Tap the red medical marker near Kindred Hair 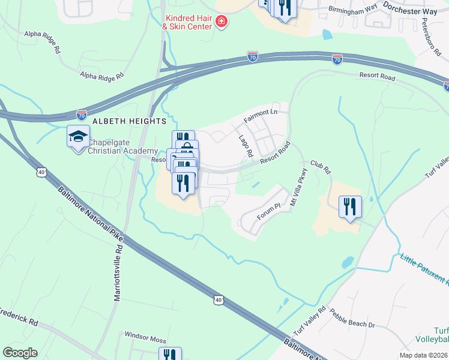click(221, 22)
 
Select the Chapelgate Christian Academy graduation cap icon click(78, 136)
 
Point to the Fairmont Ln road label click(262, 116)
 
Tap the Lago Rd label click(246, 146)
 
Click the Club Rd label click(321, 167)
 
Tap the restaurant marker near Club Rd click(349, 207)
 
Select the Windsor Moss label click(145, 338)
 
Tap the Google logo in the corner click(20, 353)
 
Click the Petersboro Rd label click(428, 34)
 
